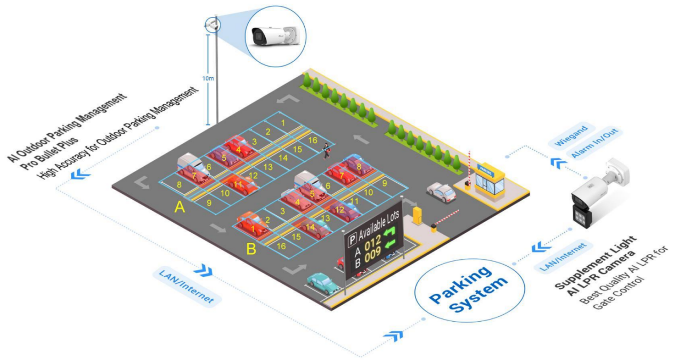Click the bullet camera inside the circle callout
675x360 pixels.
[x=273, y=36]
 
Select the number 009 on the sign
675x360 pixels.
[x=373, y=253]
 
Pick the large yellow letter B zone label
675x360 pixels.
[x=251, y=249]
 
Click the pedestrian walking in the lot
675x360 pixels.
[x=326, y=152]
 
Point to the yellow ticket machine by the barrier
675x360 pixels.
[x=418, y=216]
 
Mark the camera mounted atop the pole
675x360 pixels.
[x=213, y=24]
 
